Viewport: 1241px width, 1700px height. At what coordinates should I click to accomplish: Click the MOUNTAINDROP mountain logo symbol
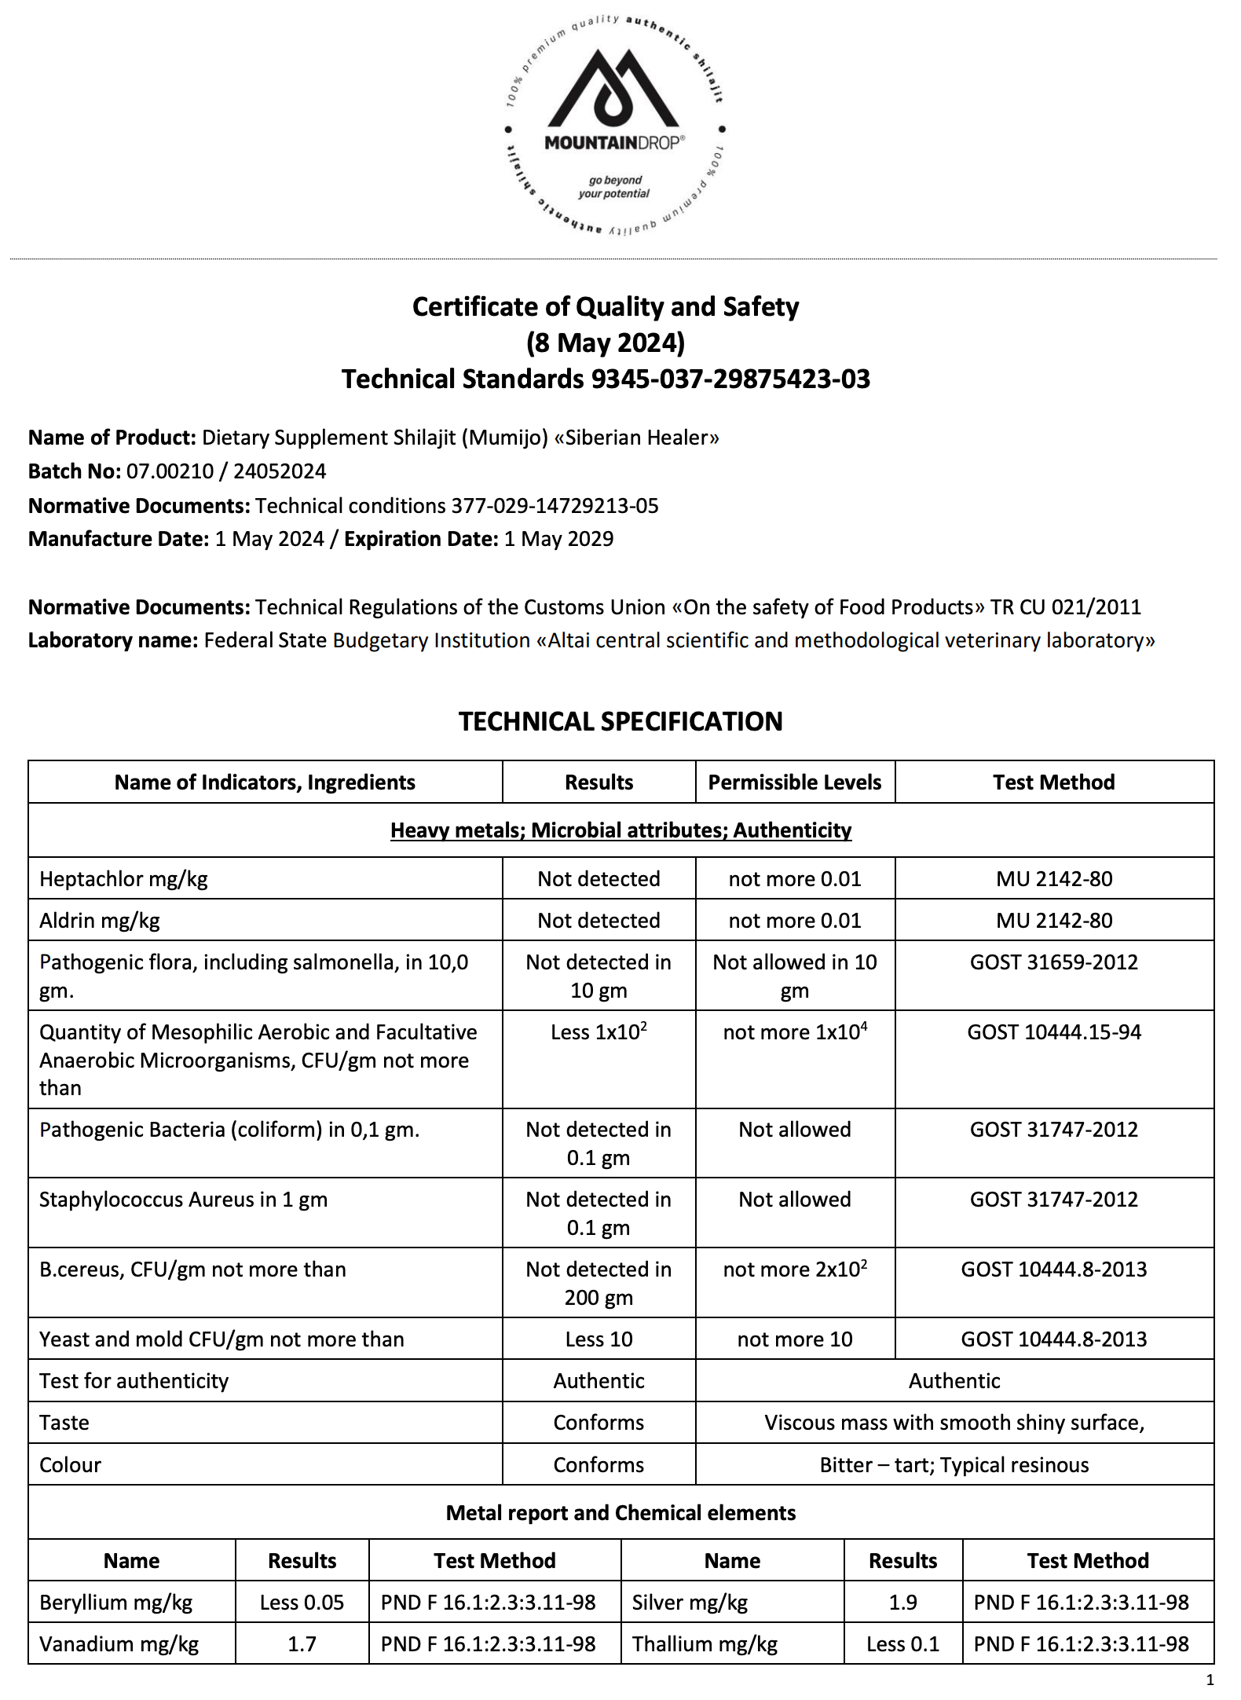pyautogui.click(x=613, y=90)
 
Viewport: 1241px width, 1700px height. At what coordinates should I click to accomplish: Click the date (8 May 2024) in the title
pyautogui.click(x=606, y=343)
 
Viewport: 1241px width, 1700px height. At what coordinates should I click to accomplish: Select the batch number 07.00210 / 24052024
pyautogui.click(x=226, y=471)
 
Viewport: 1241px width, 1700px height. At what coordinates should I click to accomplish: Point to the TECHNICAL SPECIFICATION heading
pyautogui.click(x=620, y=721)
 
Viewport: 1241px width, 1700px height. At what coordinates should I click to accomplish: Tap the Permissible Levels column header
pyautogui.click(x=794, y=782)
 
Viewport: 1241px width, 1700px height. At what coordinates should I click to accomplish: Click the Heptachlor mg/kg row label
pyautogui.click(x=123, y=878)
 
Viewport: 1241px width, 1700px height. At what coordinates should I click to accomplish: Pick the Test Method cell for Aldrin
pyautogui.click(x=1054, y=920)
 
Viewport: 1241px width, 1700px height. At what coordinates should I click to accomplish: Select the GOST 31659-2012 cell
pyautogui.click(x=1054, y=962)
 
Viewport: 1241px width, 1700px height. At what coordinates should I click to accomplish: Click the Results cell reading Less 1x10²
pyautogui.click(x=599, y=1032)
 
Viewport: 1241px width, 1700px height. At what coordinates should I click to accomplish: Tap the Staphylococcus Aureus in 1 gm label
pyautogui.click(x=183, y=1200)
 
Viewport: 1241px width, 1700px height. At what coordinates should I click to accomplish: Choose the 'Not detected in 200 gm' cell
pyautogui.click(x=599, y=1283)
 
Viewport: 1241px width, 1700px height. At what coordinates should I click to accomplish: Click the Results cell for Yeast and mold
pyautogui.click(x=599, y=1339)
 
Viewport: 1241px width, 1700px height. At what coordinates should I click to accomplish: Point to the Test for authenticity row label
pyautogui.click(x=134, y=1381)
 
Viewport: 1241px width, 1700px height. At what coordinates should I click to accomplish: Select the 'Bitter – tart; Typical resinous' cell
pyautogui.click(x=954, y=1465)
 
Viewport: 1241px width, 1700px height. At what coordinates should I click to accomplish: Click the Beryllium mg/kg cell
pyautogui.click(x=115, y=1603)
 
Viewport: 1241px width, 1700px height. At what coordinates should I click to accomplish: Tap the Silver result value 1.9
pyautogui.click(x=902, y=1603)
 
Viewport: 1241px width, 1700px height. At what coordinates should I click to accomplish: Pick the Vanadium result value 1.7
pyautogui.click(x=302, y=1644)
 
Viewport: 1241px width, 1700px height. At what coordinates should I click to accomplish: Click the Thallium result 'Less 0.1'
pyautogui.click(x=902, y=1644)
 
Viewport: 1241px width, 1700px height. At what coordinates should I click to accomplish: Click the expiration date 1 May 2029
pyautogui.click(x=558, y=539)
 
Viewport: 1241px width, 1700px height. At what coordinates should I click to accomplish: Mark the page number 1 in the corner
pyautogui.click(x=1210, y=1680)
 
